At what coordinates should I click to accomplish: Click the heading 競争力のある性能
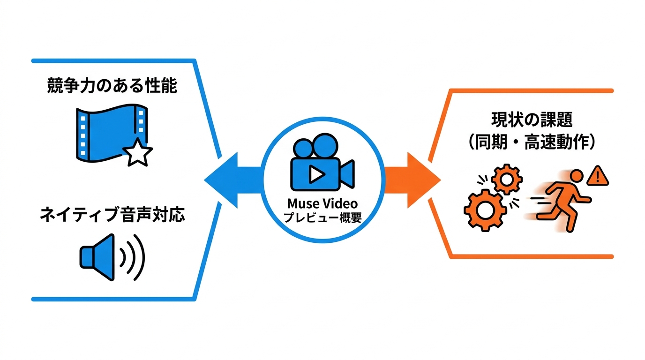coord(112,85)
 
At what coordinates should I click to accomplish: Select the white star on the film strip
coord(137,153)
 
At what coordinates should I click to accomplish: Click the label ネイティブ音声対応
coord(112,215)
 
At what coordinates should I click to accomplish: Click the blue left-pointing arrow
coord(233,180)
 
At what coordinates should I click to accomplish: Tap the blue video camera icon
coord(322,162)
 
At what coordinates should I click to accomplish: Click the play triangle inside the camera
coord(316,174)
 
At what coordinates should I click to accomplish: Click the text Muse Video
coord(322,203)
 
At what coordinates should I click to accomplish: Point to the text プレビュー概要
coord(322,217)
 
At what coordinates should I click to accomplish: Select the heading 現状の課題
coord(532,120)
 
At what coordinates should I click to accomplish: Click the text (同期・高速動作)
coord(532,142)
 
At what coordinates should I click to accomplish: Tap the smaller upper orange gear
coord(507,180)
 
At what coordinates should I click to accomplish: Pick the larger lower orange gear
coord(486,210)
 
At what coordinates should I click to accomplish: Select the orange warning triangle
coord(598,176)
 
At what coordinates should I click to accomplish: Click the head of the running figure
coord(577,176)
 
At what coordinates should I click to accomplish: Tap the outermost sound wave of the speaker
coord(139,257)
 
